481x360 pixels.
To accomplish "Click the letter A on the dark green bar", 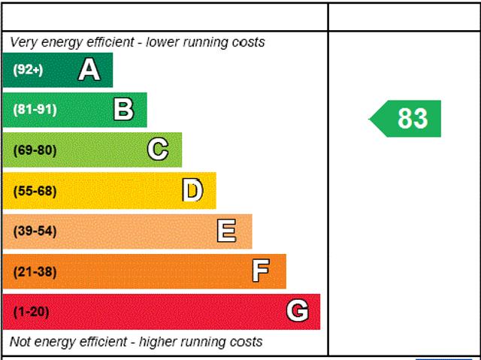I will pos(89,70).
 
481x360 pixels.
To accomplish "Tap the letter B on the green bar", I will pos(123,110).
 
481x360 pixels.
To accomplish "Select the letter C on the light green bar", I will pos(158,150).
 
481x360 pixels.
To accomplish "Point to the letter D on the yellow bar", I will pos(192,190).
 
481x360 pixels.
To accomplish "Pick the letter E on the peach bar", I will pos(226,231).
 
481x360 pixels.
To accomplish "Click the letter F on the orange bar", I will pos(261,271).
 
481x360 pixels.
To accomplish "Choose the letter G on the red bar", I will pos(298,310).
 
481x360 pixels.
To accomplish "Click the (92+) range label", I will pos(29,70).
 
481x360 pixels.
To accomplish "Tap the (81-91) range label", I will pos(35,110).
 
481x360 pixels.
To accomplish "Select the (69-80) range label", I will pos(35,150).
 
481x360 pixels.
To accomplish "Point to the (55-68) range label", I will pos(35,191).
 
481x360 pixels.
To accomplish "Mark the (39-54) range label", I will pos(35,231).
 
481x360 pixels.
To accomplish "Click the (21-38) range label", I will pos(35,271).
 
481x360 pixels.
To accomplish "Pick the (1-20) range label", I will pos(31,311).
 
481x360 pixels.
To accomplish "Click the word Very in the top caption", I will pos(23,42).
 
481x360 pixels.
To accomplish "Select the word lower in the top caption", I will pos(164,42).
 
